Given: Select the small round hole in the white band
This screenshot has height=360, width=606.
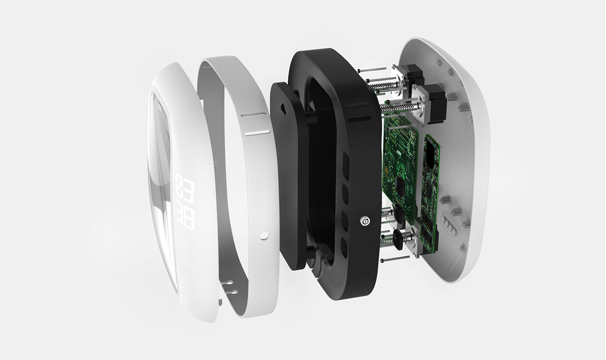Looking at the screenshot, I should (264, 235).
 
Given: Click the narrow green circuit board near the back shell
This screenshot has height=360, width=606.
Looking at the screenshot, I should (430, 191).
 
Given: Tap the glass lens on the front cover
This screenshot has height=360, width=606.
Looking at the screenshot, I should (161, 182).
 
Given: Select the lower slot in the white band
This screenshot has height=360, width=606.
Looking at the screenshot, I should (257, 132).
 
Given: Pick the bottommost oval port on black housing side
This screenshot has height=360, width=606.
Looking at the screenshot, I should (344, 247).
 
